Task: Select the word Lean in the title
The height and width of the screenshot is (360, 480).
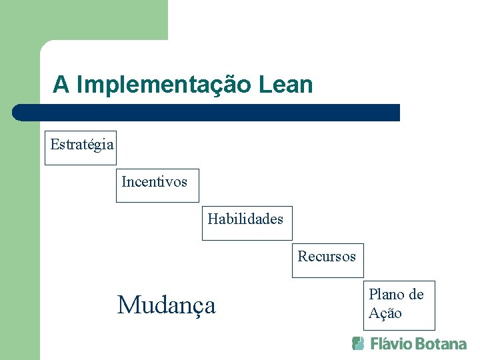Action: pos(288,85)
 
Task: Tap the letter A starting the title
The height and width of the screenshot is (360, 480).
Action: pos(61,85)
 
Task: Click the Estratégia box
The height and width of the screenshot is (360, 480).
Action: pos(81,147)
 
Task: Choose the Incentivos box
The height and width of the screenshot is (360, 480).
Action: pos(157,185)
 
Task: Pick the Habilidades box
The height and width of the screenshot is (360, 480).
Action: pos(247,223)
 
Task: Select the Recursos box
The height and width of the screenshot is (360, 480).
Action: pos(327,260)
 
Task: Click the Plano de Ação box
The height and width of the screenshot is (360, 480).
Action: pos(401,305)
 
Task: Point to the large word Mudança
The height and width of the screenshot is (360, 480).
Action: pos(167,305)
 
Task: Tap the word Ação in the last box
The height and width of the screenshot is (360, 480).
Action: pos(385,313)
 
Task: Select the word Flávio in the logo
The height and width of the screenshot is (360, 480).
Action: pos(390,344)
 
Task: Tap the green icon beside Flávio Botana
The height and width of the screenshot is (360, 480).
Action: pos(359,343)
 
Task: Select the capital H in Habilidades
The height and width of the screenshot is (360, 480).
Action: pos(213,219)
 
